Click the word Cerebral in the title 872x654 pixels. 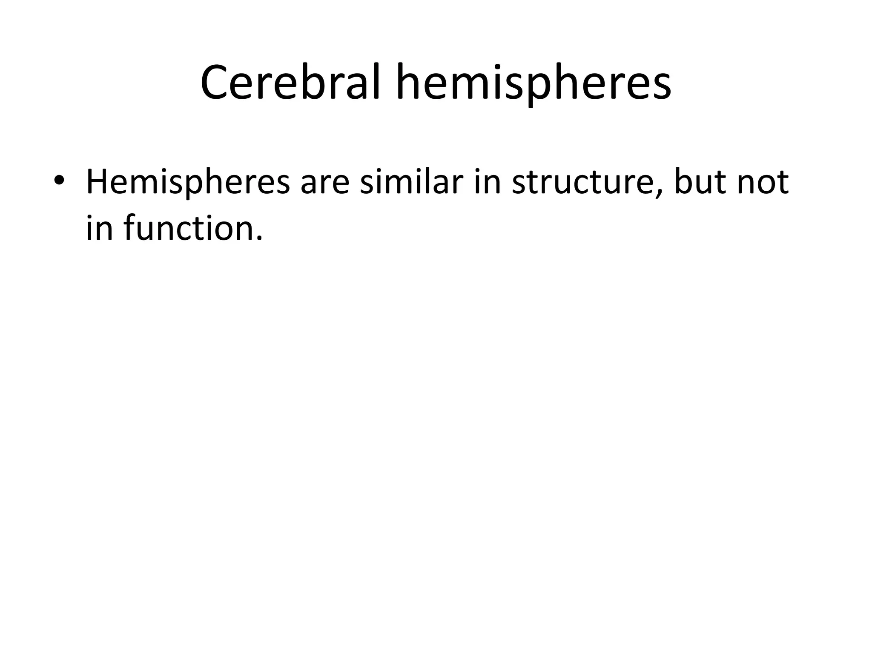[290, 83]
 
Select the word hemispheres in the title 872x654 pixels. [534, 83]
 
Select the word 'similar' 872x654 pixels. [411, 182]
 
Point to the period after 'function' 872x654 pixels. [259, 239]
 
